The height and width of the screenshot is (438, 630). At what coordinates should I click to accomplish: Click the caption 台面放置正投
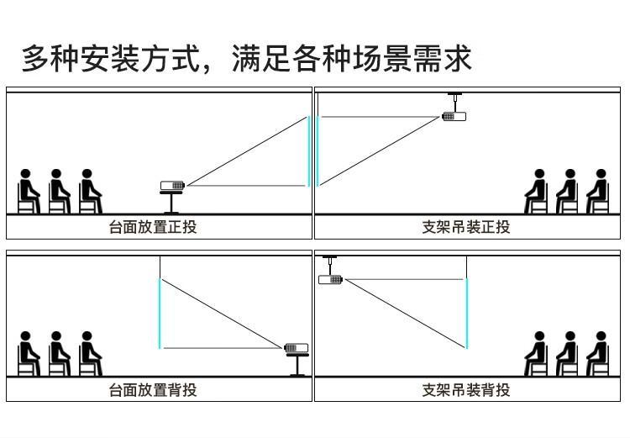pos(153,227)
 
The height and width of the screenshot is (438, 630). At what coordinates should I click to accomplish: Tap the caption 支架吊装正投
pos(466,227)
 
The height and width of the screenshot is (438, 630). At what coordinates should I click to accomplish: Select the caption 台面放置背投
pos(153,390)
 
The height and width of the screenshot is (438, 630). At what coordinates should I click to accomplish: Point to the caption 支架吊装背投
pos(466,390)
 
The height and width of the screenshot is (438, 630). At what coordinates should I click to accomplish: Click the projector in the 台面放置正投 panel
pos(172,186)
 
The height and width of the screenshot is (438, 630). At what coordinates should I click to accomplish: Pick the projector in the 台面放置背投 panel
pos(297,347)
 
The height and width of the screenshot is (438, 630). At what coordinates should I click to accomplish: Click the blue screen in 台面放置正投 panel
pos(309,151)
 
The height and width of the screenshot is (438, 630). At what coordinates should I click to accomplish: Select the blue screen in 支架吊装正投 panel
pos(318,151)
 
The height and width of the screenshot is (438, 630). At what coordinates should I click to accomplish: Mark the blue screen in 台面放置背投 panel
pos(160,314)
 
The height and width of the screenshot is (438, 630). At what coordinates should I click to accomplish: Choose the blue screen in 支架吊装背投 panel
pos(467,314)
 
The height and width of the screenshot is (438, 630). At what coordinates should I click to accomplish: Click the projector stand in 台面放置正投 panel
pos(171,203)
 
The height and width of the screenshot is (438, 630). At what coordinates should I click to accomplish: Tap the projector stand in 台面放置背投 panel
pos(297,365)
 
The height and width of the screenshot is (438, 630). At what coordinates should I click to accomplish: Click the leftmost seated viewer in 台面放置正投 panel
pos(28,191)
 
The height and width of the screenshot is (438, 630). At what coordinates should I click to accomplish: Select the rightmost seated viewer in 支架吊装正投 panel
pos(598,191)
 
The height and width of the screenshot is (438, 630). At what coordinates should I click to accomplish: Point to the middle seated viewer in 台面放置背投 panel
pos(59,354)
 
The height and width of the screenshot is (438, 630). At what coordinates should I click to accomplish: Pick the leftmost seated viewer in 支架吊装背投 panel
pos(536,354)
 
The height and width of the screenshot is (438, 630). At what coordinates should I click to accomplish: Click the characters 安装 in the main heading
pos(110,59)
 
